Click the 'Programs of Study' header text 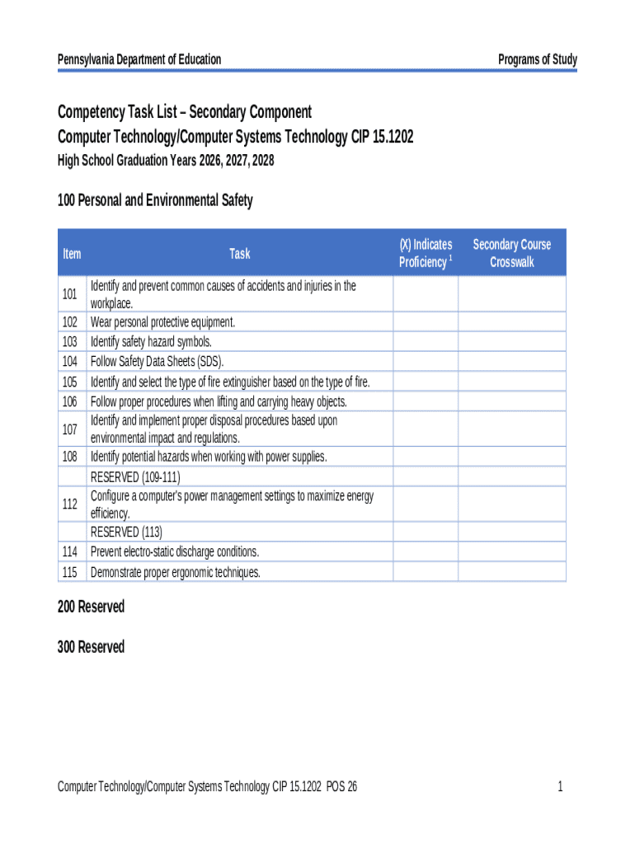tap(537, 59)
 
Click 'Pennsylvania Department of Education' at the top tap(139, 59)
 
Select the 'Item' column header tap(72, 253)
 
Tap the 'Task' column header tap(239, 253)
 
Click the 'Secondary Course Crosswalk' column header tap(511, 253)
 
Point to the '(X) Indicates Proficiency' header tap(425, 253)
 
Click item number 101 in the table tap(70, 294)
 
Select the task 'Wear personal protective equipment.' tap(162, 321)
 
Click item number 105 tap(70, 382)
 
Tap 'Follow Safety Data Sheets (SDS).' tap(157, 361)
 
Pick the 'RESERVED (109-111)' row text tap(135, 477)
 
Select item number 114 tap(70, 551)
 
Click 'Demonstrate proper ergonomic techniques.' tap(175, 572)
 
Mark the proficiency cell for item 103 tap(425, 341)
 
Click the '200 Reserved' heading tap(91, 607)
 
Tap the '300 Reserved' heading tap(91, 647)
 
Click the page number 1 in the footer tap(560, 787)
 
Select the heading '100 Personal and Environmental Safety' tap(155, 200)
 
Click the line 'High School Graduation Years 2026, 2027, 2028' tap(165, 161)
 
